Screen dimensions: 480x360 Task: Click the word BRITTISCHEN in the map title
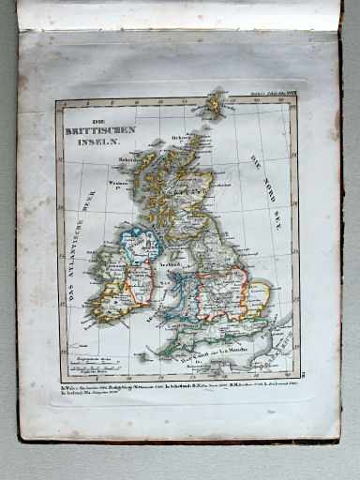104,128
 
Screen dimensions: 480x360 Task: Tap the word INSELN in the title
99,141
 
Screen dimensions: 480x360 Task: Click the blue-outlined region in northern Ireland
139,247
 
